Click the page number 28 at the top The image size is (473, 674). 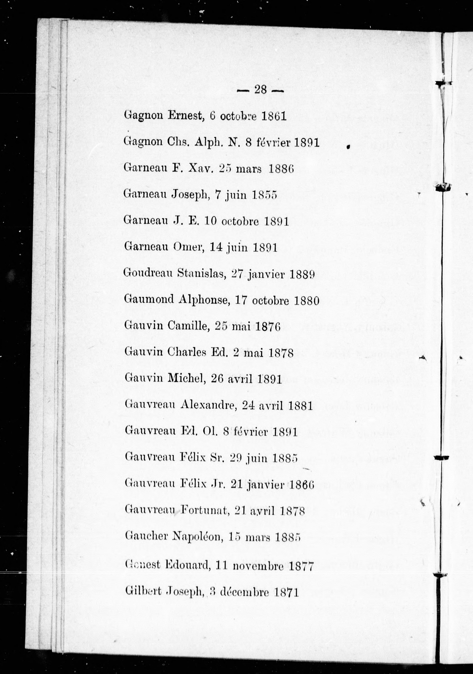pyautogui.click(x=260, y=89)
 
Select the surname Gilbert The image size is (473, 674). pyautogui.click(x=143, y=591)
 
